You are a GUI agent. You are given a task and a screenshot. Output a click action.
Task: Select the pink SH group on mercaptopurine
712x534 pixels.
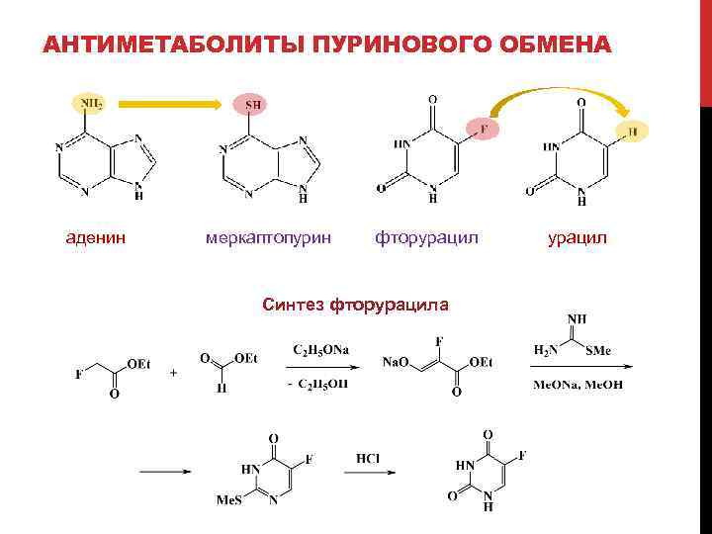[253, 104]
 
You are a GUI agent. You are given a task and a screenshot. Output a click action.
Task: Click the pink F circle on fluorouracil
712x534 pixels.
[484, 130]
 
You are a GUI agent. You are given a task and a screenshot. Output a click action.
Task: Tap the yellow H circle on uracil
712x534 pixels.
[632, 131]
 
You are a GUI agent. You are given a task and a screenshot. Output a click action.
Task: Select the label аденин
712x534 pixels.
[95, 237]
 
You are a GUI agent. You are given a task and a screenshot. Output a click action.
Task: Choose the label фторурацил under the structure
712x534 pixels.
[426, 237]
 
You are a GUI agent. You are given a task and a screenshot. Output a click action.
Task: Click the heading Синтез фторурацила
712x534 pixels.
[355, 304]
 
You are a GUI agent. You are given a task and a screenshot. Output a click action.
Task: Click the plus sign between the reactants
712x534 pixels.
[175, 374]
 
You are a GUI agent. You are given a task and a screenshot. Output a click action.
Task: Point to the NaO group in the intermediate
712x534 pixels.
[398, 364]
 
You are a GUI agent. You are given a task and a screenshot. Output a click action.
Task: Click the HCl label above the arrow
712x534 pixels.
[368, 456]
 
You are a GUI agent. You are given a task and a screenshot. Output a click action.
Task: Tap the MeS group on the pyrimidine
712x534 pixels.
[228, 500]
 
